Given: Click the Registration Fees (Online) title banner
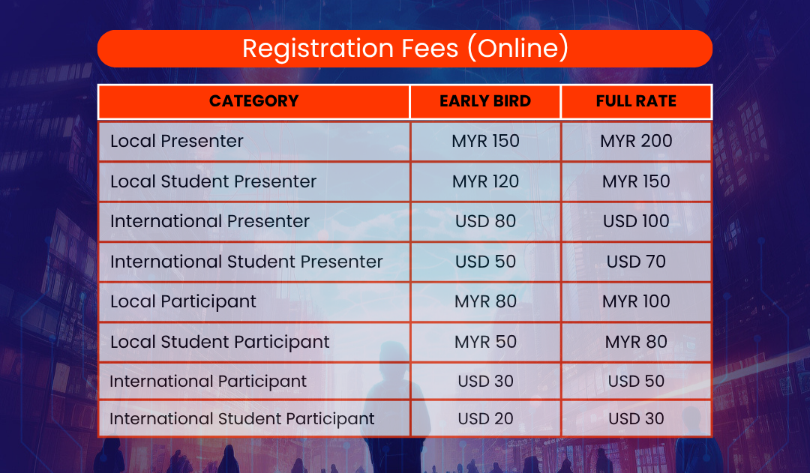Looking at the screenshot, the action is click(405, 49).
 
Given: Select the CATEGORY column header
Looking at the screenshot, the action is click(253, 100).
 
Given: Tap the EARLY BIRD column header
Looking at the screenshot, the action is click(485, 100).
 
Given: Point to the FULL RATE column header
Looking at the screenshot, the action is click(636, 100).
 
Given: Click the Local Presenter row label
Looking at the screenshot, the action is click(177, 141).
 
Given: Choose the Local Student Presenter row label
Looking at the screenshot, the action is click(213, 181).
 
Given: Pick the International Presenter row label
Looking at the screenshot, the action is click(210, 221).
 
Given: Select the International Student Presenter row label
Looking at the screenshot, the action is click(247, 262).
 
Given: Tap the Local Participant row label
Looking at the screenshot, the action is click(184, 301).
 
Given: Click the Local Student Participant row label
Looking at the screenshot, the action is click(220, 342).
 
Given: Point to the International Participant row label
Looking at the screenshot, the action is click(208, 382).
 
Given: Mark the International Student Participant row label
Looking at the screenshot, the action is click(242, 419).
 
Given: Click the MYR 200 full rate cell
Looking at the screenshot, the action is click(636, 141).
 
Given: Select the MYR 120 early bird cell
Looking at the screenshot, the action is click(485, 181).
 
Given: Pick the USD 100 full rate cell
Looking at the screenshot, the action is click(636, 221).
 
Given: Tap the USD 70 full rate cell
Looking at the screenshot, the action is click(636, 262).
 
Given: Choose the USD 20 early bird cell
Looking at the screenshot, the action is click(485, 419).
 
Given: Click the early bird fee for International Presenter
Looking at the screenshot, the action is click(485, 221).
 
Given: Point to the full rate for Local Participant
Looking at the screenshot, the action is click(636, 301).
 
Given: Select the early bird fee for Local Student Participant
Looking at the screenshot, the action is click(485, 342).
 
